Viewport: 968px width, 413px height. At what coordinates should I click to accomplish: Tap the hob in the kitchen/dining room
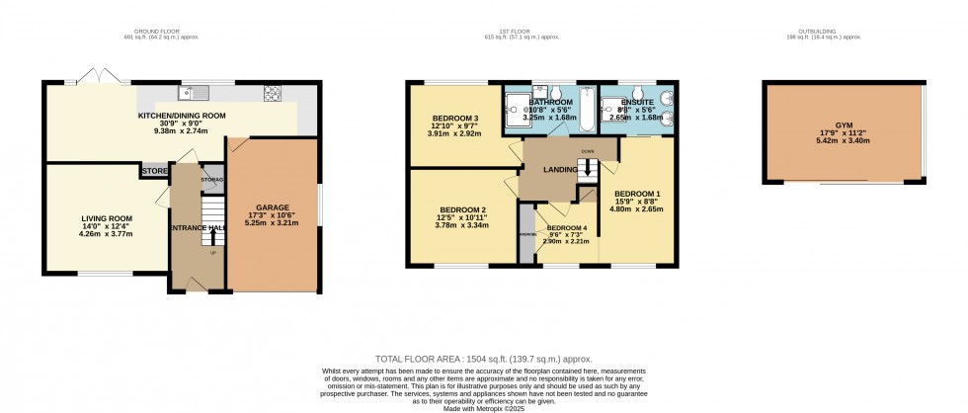273,95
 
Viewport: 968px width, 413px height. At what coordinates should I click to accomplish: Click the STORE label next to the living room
154,171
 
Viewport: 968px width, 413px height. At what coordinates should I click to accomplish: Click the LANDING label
560,170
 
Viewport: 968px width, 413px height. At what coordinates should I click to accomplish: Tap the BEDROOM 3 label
455,119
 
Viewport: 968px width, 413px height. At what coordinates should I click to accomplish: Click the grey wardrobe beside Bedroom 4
524,234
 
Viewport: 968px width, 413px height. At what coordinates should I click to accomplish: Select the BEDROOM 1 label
637,193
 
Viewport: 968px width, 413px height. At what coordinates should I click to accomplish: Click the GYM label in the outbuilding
844,125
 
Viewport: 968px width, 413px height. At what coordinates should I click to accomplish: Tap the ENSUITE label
636,102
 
